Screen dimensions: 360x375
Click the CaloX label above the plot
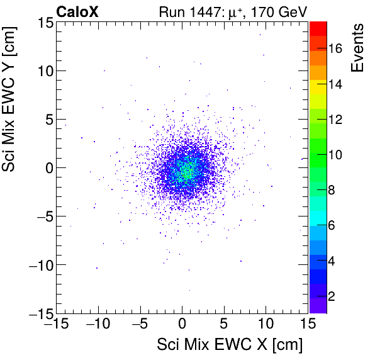point(77,11)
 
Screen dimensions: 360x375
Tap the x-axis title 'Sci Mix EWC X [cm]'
point(230,345)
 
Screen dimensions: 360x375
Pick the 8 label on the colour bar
point(335,189)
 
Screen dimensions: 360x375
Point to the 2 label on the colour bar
point(335,295)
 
